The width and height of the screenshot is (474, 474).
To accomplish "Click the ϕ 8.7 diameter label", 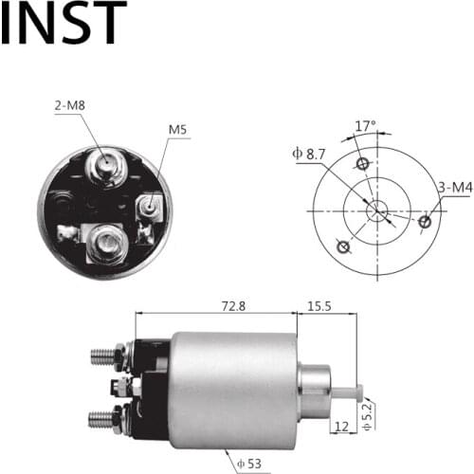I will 313,153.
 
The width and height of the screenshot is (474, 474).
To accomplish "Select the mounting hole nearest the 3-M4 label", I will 425,223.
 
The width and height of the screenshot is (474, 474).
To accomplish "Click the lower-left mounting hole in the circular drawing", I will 344,248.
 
